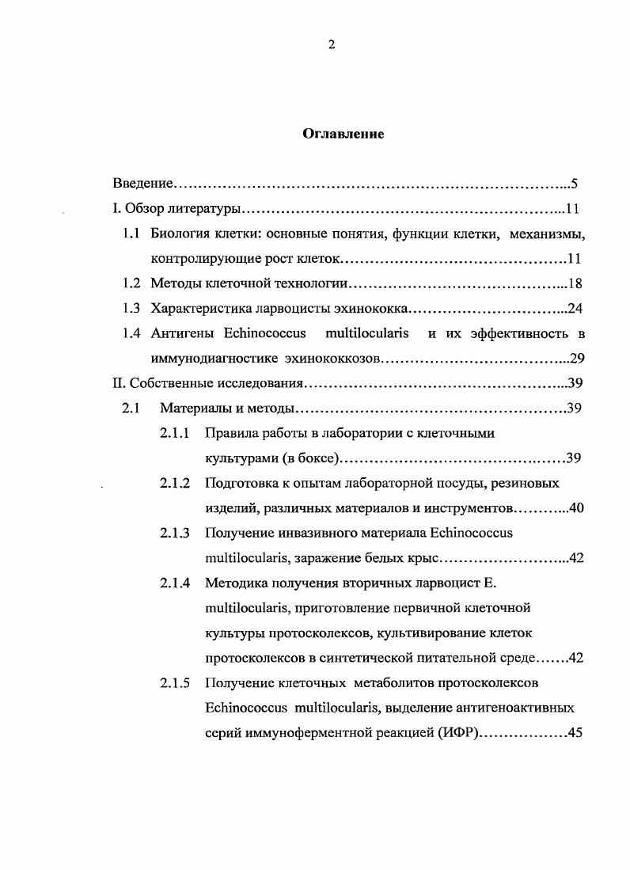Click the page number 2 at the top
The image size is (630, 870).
pos(332,45)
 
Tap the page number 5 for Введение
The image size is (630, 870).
pos(575,184)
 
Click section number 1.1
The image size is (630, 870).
pos(131,234)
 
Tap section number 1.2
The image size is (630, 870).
pos(131,283)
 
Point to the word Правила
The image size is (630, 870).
pos(231,433)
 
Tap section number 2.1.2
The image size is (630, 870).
pos(175,483)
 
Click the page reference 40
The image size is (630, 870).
pos(575,507)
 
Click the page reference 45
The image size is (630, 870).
pos(575,732)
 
